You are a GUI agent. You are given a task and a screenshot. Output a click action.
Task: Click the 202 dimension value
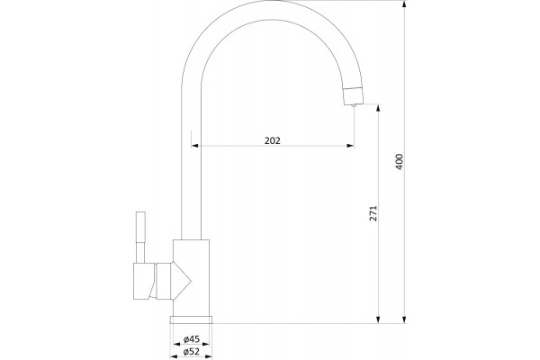tap(273, 140)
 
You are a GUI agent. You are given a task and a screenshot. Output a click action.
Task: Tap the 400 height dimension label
tap(399, 162)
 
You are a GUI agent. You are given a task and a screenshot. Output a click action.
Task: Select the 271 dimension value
tap(373, 213)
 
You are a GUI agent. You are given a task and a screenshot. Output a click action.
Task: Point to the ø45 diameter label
tap(191, 339)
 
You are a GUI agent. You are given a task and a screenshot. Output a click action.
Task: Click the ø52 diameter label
tap(191, 352)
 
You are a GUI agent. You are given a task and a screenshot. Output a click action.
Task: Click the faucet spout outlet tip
tap(354, 105)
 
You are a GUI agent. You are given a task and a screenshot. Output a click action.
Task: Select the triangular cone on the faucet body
tap(181, 282)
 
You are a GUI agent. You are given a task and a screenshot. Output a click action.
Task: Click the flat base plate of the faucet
tap(191, 319)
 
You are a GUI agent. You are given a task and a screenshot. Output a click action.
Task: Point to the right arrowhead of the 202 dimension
tap(350, 146)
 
